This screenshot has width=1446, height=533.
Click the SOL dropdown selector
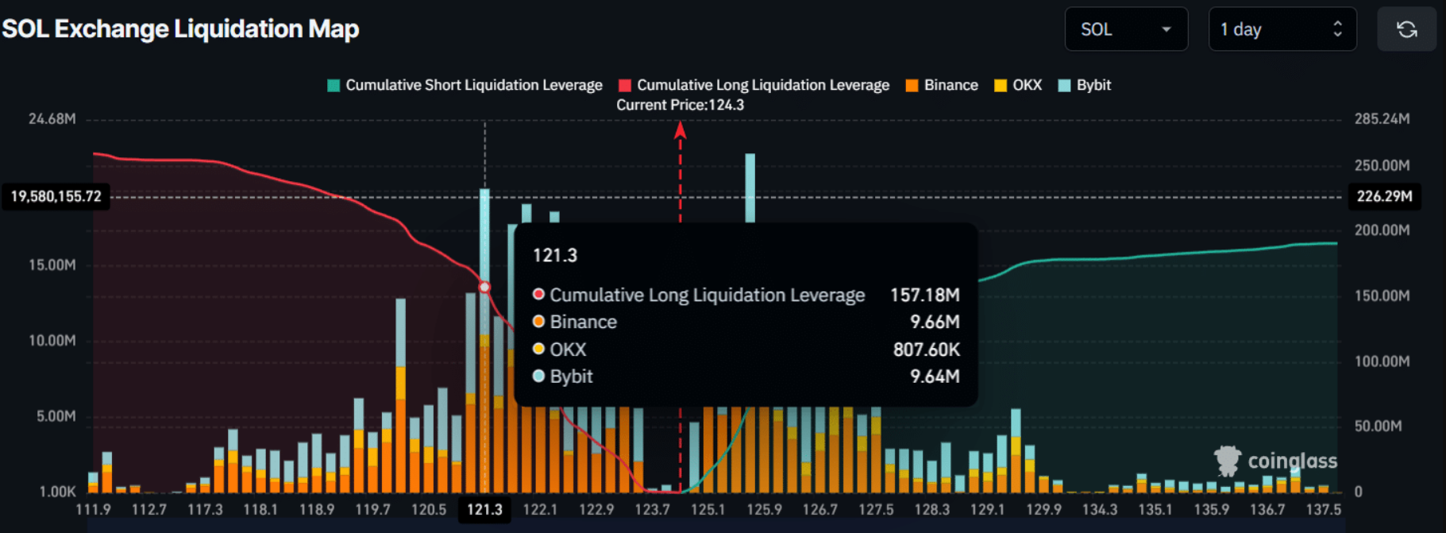pyautogui.click(x=1125, y=29)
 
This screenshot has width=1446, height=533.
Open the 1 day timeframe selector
pyautogui.click(x=1282, y=29)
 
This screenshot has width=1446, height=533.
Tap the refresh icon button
pyautogui.click(x=1406, y=29)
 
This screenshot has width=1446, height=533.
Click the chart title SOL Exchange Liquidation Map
pyautogui.click(x=181, y=29)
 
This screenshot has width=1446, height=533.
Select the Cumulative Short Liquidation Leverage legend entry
pyautogui.click(x=465, y=85)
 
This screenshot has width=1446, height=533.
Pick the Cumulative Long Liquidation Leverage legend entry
pyautogui.click(x=754, y=85)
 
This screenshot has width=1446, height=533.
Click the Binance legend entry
pyautogui.click(x=943, y=85)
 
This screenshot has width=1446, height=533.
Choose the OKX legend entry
pyautogui.click(x=1019, y=85)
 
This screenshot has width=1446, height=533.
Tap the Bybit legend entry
pyautogui.click(x=1085, y=85)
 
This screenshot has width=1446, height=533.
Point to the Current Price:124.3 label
pyautogui.click(x=681, y=105)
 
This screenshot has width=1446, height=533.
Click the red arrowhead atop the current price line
pyautogui.click(x=681, y=129)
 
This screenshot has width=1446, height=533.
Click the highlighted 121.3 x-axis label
pyautogui.click(x=484, y=509)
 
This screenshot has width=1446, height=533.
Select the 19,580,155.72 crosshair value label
pyautogui.click(x=56, y=196)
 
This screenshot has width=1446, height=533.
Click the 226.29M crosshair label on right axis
pyautogui.click(x=1384, y=196)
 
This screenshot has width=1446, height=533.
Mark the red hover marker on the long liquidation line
pyautogui.click(x=484, y=287)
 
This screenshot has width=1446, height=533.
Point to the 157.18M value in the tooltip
pyautogui.click(x=924, y=295)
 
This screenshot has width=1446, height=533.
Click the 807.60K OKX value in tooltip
pyautogui.click(x=926, y=350)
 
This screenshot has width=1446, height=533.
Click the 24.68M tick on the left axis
pyautogui.click(x=52, y=119)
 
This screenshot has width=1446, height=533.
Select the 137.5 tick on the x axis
pyautogui.click(x=1323, y=509)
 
